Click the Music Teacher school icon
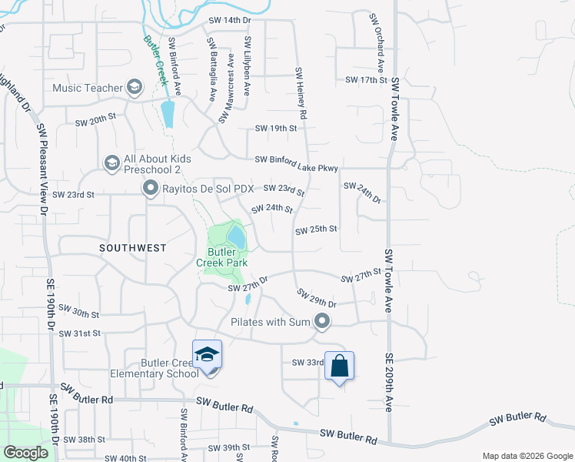coord(135,86)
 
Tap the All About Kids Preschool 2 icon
coord(111,162)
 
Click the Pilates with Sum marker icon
coord(322,322)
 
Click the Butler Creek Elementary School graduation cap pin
coord(207,355)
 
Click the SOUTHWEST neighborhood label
coord(133,247)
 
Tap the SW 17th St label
coord(365,79)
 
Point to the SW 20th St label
coord(95,122)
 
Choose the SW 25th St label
coord(316,229)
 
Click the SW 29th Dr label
coord(316,298)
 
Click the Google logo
coord(26,452)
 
